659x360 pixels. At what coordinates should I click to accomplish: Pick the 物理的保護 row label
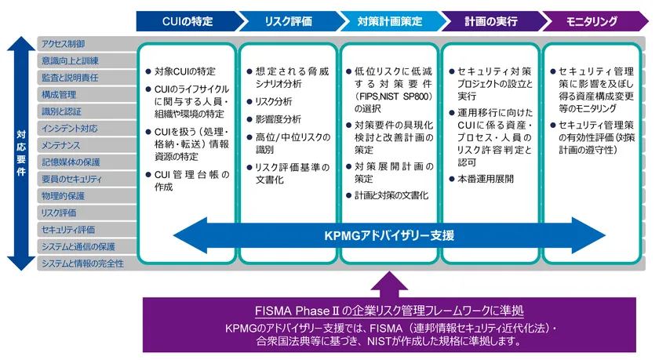[64, 195]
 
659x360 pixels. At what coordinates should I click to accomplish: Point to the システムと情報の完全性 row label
[82, 264]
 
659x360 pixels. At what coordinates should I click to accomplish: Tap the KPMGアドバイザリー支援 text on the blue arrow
[389, 235]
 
